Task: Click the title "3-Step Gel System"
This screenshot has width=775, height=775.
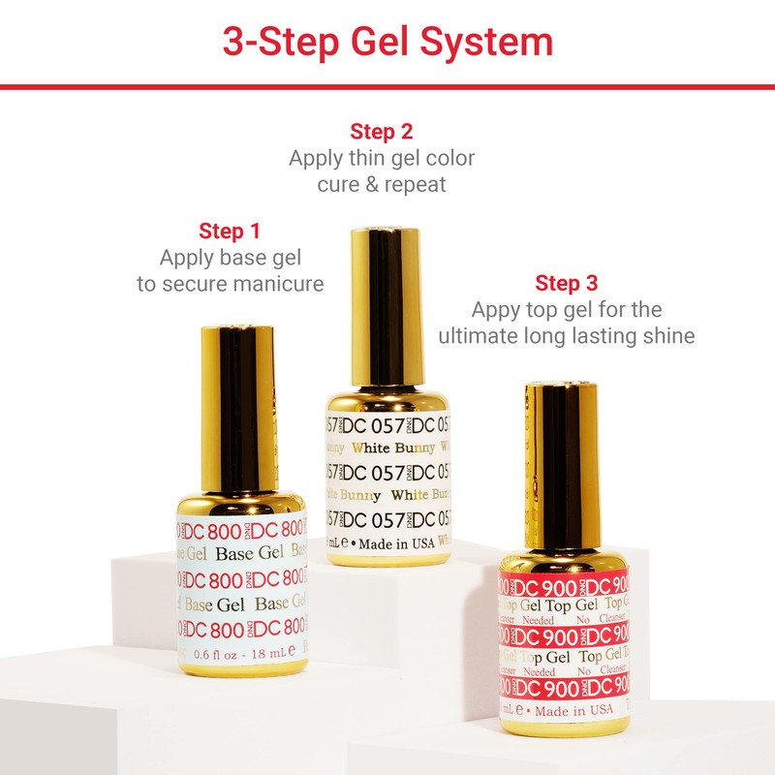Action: (x=387, y=43)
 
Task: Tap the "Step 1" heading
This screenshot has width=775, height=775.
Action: (x=230, y=232)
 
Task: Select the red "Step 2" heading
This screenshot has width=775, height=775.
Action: (x=382, y=132)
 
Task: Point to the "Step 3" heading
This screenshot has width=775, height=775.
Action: (x=567, y=284)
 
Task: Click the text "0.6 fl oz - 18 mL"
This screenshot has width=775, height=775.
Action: (x=237, y=655)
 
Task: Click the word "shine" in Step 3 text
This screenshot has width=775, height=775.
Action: (x=668, y=336)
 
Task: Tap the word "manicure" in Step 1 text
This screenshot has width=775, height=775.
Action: (x=282, y=284)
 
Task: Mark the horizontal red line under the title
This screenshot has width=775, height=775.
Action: (x=387, y=87)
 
